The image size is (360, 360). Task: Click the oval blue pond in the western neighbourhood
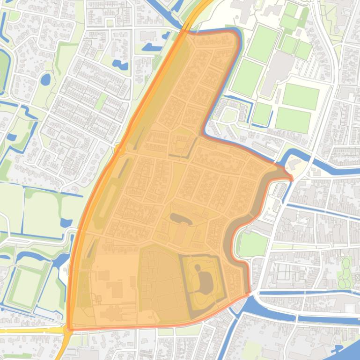point(45,79)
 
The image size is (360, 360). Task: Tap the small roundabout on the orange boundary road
point(119,149)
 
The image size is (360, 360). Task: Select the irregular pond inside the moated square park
point(205,279)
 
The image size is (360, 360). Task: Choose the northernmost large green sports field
point(263,43)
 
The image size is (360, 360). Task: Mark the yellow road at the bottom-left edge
point(28,330)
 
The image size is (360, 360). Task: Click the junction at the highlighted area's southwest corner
point(69,330)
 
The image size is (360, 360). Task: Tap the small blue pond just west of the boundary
point(66,223)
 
